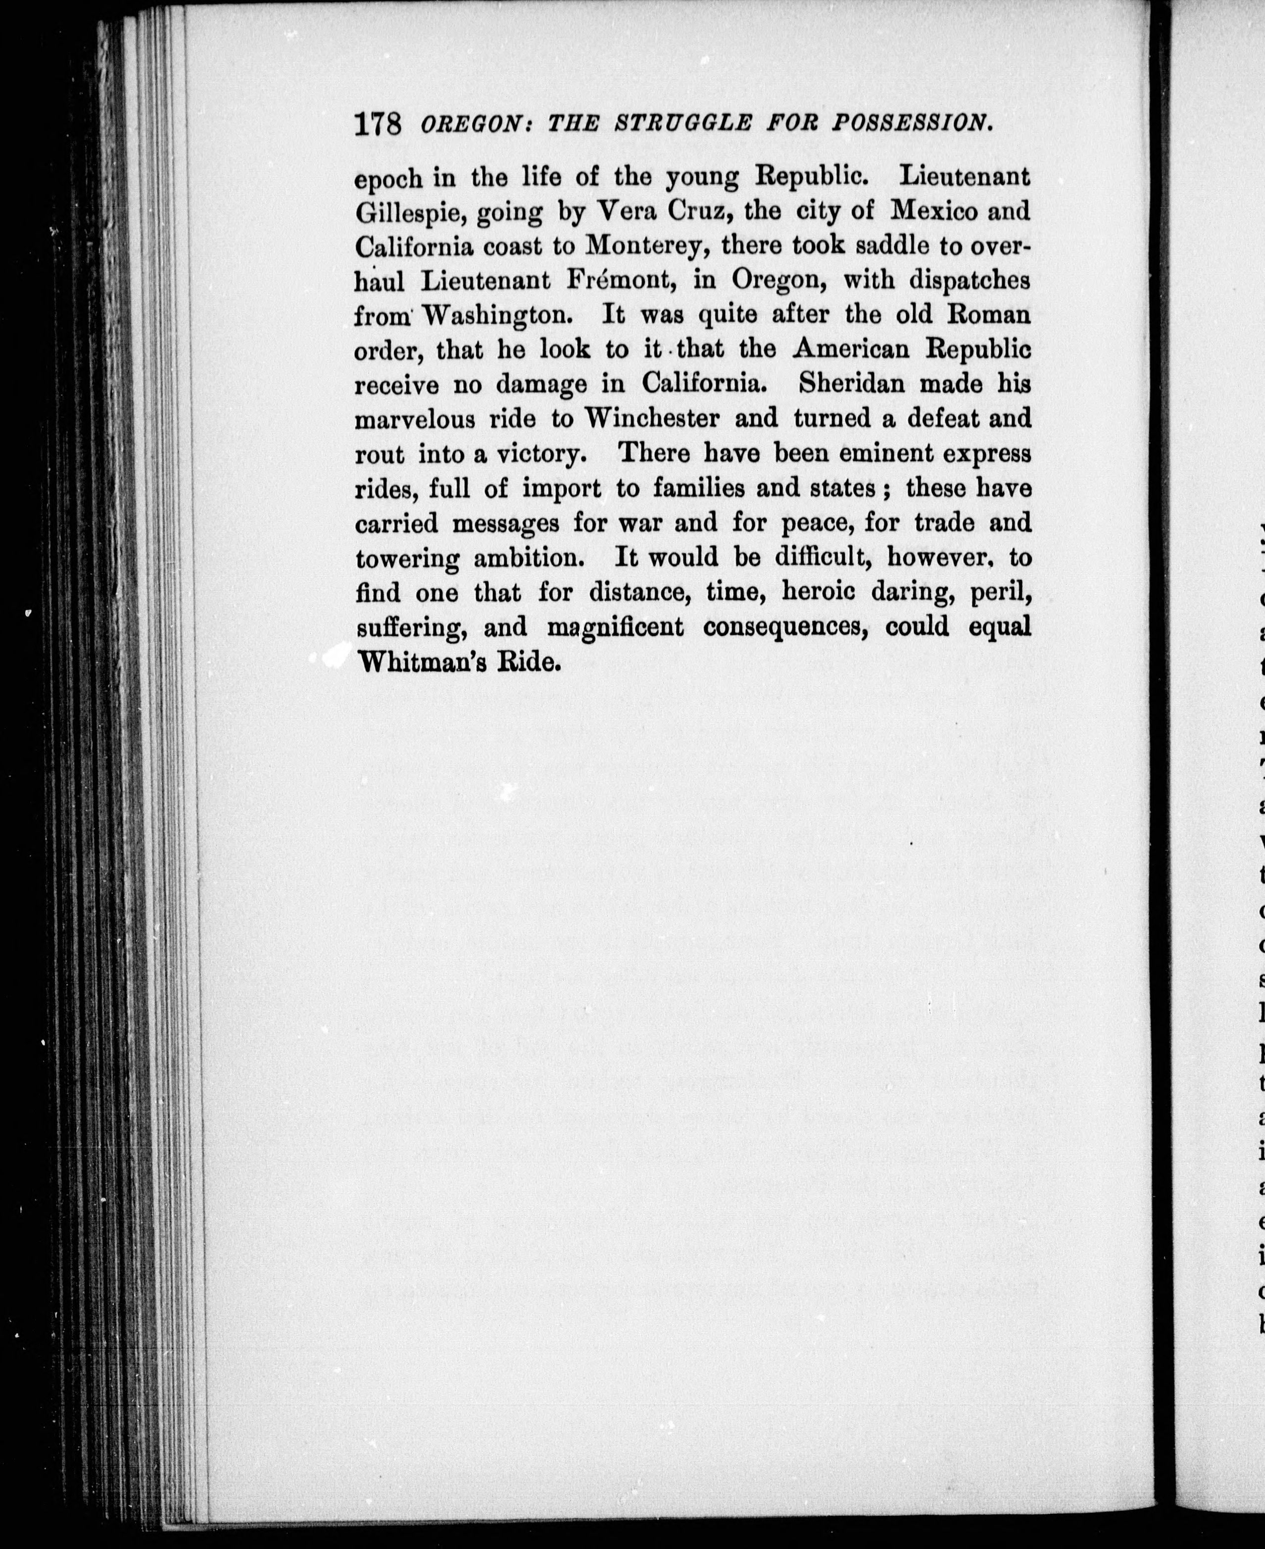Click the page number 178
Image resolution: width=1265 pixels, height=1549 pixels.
(x=378, y=123)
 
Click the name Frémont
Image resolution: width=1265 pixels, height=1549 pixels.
(x=622, y=281)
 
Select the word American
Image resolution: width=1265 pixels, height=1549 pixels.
(x=851, y=350)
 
